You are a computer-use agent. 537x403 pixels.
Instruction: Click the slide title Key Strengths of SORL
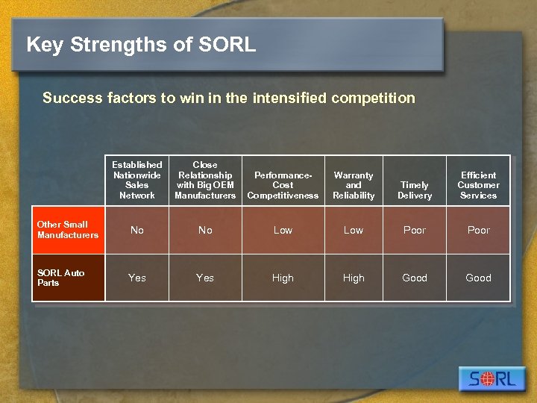tap(141, 45)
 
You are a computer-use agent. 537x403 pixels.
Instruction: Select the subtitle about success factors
tap(228, 98)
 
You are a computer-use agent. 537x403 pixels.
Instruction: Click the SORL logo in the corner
tap(492, 378)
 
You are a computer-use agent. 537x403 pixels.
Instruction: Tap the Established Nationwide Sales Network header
tap(137, 180)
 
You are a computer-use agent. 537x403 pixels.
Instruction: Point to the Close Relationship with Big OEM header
tap(205, 180)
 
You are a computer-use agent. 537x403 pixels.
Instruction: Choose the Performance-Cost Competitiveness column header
tap(283, 185)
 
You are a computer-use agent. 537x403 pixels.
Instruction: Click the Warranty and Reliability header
tap(354, 185)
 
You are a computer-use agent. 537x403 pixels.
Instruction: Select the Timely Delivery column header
tap(415, 190)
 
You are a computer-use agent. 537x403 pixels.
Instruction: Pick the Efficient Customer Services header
tap(478, 185)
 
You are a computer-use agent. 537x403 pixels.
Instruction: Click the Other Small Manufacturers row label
tap(68, 230)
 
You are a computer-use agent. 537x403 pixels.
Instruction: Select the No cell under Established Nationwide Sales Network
tap(137, 230)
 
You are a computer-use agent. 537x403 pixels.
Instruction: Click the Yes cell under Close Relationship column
tap(205, 278)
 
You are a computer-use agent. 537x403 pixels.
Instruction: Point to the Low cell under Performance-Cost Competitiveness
tap(283, 230)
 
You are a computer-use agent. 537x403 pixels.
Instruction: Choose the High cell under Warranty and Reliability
tap(354, 278)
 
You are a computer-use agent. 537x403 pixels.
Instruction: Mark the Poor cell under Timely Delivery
tap(415, 230)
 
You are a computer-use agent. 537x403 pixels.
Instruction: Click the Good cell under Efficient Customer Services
tap(478, 278)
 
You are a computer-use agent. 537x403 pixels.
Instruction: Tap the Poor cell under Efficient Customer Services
tap(478, 230)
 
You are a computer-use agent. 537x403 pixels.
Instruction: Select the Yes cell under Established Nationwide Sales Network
tap(137, 278)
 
